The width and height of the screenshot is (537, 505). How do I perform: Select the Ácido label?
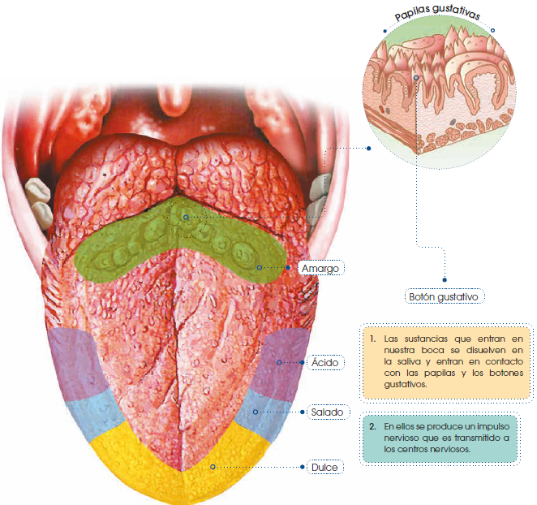coord(324,362)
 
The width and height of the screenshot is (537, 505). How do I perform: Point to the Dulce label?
coord(323,468)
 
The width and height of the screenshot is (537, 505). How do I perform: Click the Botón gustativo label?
coord(445,296)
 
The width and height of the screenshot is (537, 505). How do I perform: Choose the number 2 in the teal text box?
coord(371,425)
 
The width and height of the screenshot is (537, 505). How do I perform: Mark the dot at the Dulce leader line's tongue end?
coord(212,467)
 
